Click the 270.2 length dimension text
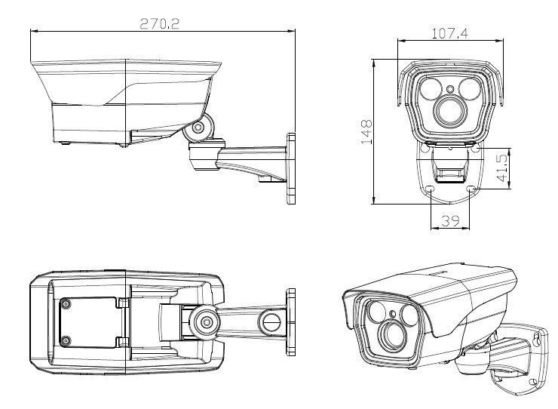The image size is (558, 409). (158, 23)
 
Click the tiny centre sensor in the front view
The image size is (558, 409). (449, 90)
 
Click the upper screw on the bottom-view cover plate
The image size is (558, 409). (66, 305)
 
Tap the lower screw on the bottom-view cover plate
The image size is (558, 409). (66, 340)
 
